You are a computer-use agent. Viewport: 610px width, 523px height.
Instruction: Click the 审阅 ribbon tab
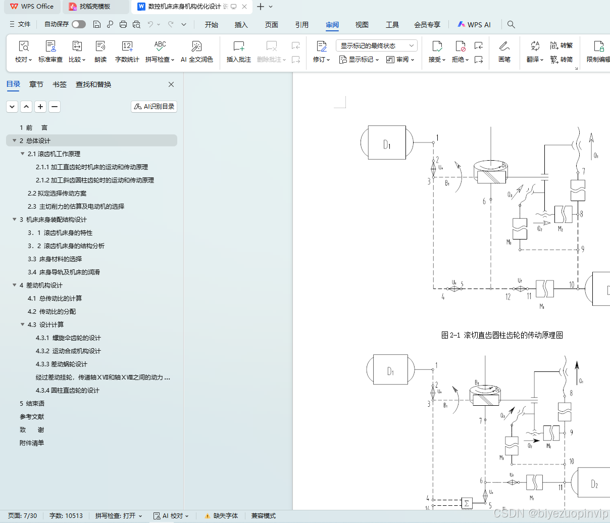332,25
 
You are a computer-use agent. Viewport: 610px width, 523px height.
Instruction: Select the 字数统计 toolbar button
127,52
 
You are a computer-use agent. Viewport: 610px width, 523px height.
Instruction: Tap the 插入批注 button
238,52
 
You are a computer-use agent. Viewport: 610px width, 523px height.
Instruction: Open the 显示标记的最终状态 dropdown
376,45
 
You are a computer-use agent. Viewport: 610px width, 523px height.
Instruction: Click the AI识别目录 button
154,107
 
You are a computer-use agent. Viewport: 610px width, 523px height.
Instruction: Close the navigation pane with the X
171,84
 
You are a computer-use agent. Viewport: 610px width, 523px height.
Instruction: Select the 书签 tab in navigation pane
60,84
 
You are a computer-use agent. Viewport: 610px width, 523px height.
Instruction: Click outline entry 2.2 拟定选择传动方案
57,194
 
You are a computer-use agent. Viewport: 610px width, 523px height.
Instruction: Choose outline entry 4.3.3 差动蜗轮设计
61,364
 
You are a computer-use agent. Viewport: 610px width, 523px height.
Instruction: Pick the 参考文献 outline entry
32,417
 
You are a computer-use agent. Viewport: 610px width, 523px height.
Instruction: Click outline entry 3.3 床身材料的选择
55,259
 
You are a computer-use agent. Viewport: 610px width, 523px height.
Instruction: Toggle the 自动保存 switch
78,24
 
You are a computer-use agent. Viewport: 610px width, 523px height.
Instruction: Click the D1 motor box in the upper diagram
387,143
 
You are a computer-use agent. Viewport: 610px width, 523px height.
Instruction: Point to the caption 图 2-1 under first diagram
501,335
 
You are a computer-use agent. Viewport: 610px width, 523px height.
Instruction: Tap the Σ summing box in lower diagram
467,503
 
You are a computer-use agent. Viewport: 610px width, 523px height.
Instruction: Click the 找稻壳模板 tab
94,7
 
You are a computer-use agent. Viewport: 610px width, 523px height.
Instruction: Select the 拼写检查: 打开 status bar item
118,516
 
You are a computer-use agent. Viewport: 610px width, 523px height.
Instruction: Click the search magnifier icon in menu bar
511,24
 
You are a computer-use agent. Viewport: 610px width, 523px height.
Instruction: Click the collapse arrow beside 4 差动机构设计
15,286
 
